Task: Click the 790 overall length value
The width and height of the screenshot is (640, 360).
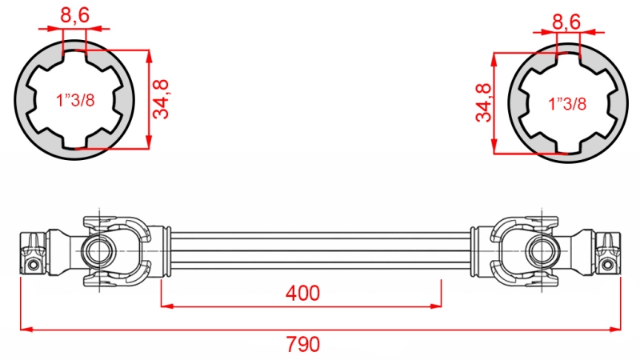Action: [302, 345]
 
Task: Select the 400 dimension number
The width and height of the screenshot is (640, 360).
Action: [302, 294]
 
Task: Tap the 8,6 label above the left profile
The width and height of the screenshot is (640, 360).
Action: [74, 14]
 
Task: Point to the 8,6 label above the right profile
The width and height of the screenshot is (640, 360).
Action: [566, 21]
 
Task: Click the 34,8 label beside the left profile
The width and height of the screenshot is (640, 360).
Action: [164, 99]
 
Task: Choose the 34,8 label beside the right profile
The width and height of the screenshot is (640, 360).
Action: [482, 102]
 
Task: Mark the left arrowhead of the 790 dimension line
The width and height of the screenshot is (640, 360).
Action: [25, 328]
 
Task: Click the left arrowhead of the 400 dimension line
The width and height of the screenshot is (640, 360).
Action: [166, 305]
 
